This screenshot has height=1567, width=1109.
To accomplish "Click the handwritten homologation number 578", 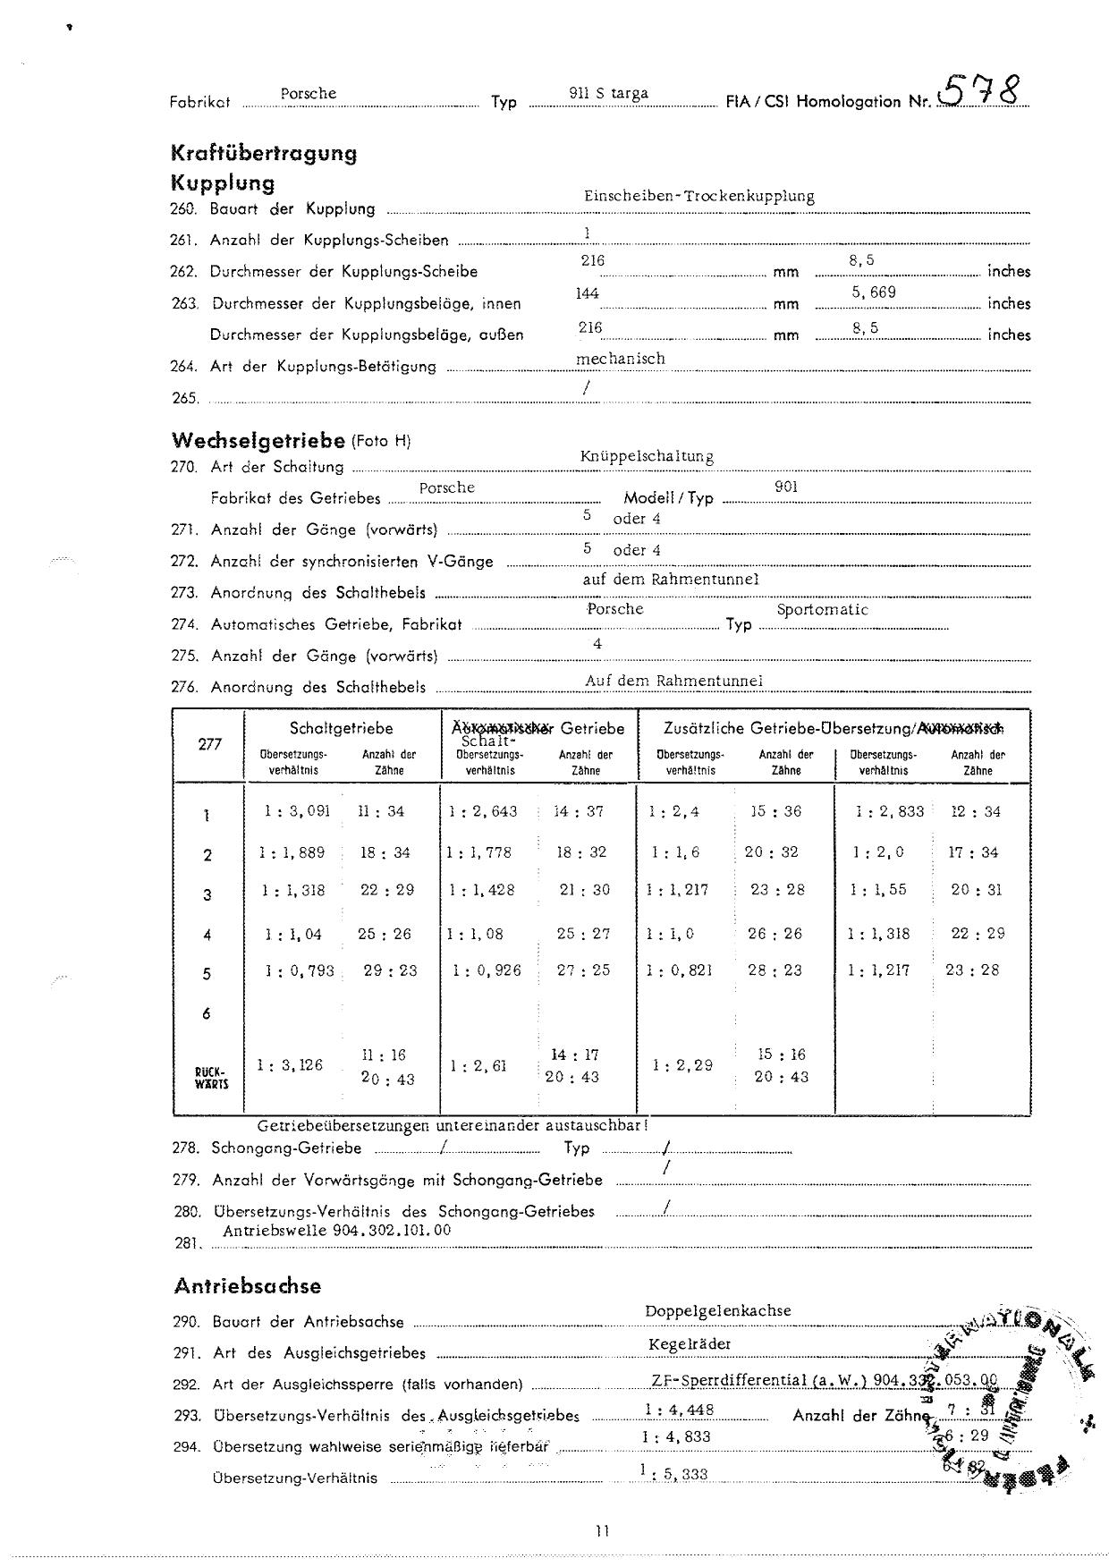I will tap(978, 91).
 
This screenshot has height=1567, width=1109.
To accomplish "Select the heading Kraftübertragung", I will tap(264, 153).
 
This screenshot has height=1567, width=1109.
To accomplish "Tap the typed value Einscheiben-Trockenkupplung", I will tap(698, 196).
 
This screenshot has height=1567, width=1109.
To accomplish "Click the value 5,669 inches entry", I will tap(873, 292).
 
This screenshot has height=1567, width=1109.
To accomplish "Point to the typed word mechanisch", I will tap(620, 358).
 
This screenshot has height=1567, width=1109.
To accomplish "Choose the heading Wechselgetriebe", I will tap(258, 440).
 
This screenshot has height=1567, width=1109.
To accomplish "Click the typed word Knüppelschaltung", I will tap(646, 456).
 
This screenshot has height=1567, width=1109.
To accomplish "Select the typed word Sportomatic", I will tap(822, 610).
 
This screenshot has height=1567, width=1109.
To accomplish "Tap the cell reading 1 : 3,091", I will tap(297, 811).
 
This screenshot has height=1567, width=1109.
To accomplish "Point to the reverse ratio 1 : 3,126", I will tap(290, 1065).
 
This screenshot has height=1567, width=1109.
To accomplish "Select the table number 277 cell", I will tap(209, 744).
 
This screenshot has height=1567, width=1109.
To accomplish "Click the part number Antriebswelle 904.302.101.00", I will tap(336, 1230).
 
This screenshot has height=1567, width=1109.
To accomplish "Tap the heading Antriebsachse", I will tap(247, 1286).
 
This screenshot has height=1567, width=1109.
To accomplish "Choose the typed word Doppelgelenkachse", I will tap(717, 1310).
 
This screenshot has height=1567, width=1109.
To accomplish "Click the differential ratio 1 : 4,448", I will tap(679, 1410).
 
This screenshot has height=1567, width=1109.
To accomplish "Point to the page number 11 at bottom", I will tap(601, 1530).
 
